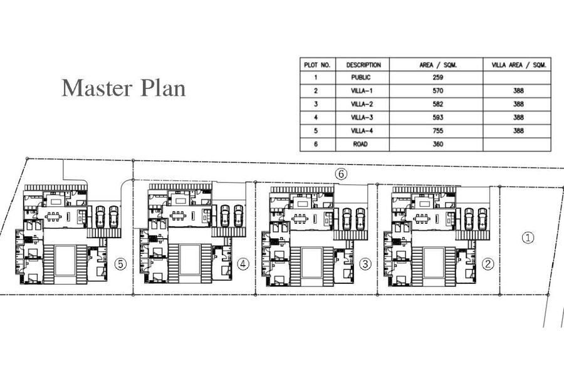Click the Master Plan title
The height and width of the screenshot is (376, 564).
(x=123, y=88)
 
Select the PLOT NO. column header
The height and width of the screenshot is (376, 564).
(x=317, y=65)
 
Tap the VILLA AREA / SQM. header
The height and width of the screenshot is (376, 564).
(x=519, y=65)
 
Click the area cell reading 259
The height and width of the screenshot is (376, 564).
(x=438, y=77)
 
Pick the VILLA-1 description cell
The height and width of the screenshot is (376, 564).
(x=362, y=91)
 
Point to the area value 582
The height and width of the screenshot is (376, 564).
(x=438, y=104)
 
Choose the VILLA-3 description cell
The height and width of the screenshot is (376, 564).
(x=362, y=117)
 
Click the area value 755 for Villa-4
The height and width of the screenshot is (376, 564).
(x=438, y=130)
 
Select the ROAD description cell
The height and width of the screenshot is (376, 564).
(x=360, y=144)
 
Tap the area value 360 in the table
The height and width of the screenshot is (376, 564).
(x=438, y=144)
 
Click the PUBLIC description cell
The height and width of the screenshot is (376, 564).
(x=361, y=77)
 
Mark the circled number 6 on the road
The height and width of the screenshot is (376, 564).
(x=342, y=174)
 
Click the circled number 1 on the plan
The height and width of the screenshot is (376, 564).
(x=528, y=238)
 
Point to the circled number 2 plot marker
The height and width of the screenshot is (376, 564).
(x=488, y=264)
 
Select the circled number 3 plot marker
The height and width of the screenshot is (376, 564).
(x=365, y=264)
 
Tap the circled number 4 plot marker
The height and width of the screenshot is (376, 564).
(x=243, y=264)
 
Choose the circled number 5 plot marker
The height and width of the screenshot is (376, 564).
(x=120, y=264)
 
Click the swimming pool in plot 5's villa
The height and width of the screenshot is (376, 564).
(x=65, y=261)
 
